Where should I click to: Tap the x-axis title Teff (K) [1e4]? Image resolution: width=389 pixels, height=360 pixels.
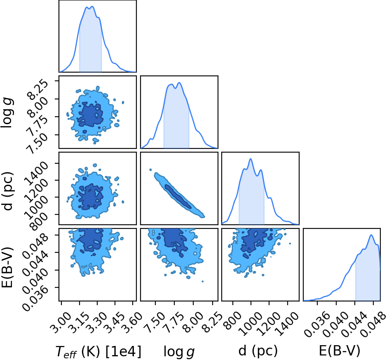(98, 352)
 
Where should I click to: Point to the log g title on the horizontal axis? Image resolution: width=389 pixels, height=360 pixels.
(179, 352)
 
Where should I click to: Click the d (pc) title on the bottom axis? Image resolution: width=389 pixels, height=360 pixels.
(258, 351)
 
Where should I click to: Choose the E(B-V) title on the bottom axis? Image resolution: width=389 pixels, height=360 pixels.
(340, 351)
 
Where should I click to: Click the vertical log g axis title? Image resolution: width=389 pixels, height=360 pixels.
(7, 113)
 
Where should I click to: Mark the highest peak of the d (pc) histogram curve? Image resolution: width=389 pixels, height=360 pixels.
(251, 159)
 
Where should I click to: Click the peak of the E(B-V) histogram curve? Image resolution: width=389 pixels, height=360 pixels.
(371, 235)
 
